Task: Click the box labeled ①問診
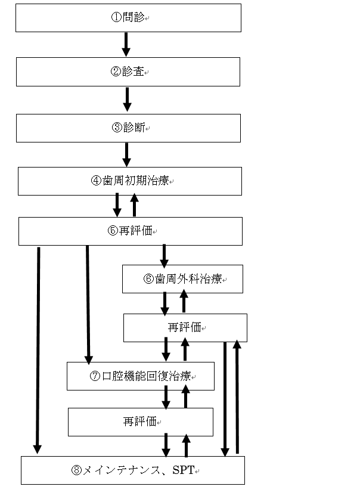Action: [128, 18]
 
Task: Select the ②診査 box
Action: [128, 72]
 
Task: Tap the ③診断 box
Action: [128, 128]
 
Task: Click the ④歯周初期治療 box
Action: [130, 181]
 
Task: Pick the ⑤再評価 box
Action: [130, 231]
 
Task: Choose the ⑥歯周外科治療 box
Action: [182, 279]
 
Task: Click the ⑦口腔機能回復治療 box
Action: [140, 376]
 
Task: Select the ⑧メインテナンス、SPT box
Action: [132, 470]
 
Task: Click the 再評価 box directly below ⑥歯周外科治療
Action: [185, 328]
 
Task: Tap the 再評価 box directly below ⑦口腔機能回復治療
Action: [140, 421]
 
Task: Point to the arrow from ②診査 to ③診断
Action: [126, 98]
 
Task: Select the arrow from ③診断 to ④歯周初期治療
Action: [126, 154]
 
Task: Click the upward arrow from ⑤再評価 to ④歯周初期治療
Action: [135, 205]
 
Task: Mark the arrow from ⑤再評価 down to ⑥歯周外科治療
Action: [165, 255]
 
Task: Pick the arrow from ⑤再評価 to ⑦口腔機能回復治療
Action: [88, 304]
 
